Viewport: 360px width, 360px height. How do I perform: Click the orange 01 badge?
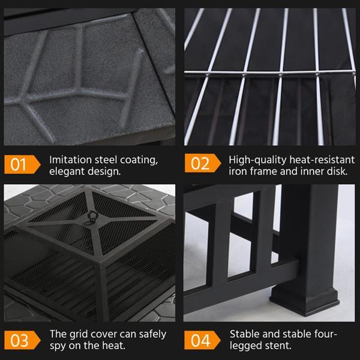point(22,164)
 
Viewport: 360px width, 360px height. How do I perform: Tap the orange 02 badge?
point(203,163)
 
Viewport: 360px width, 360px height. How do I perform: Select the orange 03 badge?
point(22,340)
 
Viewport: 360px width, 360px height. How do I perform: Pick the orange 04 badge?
point(202,340)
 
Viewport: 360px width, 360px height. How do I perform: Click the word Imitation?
point(71,160)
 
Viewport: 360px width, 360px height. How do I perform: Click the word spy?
point(58,346)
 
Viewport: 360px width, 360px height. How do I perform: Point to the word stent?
point(278,346)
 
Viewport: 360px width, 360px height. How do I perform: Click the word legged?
point(245,346)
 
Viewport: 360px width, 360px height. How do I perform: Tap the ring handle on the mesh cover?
point(94,216)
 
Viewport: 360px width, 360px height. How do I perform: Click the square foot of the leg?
point(305,301)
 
